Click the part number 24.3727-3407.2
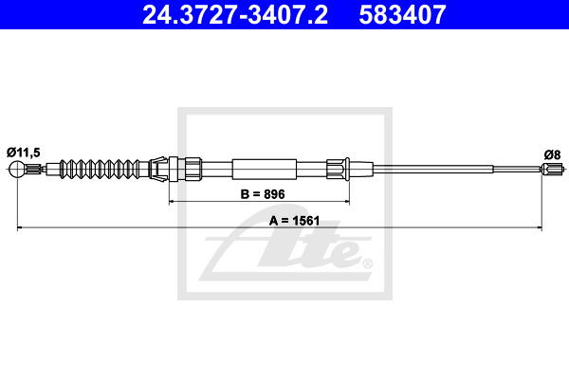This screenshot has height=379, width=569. tap(235, 15)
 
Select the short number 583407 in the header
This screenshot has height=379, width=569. tap(402, 15)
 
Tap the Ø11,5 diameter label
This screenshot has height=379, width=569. tap(23, 153)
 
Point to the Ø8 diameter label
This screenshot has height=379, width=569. tap(552, 154)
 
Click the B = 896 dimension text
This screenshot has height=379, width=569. tap(263, 194)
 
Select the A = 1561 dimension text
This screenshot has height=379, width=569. tap(294, 221)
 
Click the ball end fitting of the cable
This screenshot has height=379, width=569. tap(17, 169)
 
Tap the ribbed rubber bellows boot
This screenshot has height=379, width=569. tap(99, 169)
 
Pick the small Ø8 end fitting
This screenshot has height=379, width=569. tap(553, 169)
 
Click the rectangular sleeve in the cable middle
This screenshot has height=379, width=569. tap(265, 169)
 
